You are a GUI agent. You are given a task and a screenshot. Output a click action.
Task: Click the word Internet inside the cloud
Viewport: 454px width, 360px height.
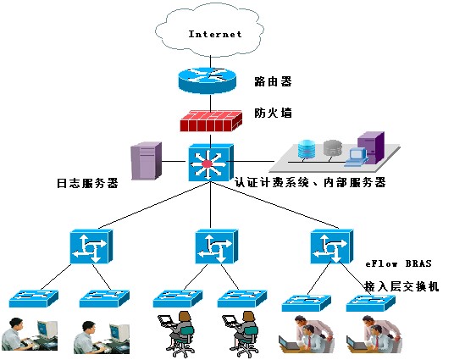(215, 34)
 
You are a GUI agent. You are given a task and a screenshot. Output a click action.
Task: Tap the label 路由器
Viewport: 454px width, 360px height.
(273, 81)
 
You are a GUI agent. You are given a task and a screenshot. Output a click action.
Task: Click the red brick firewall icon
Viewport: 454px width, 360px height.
(211, 121)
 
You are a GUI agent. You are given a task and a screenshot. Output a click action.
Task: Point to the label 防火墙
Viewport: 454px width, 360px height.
(273, 113)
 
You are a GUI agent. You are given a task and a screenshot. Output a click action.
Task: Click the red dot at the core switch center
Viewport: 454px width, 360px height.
(208, 163)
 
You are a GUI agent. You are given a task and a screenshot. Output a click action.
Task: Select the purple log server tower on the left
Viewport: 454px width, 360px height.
(147, 161)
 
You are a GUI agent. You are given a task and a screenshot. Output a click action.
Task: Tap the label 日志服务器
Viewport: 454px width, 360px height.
(87, 183)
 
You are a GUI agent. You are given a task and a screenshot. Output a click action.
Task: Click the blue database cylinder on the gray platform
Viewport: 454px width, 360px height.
(307, 149)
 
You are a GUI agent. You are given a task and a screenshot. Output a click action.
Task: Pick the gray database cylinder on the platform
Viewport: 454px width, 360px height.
(332, 148)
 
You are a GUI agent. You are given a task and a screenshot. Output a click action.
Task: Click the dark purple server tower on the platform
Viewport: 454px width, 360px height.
(371, 147)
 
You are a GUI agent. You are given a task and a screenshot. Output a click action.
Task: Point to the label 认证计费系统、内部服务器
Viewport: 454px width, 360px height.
(310, 182)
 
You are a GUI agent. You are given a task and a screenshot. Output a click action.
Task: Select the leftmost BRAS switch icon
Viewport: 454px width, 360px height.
(91, 246)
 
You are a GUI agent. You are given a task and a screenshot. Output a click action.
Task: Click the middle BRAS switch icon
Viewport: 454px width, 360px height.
(217, 246)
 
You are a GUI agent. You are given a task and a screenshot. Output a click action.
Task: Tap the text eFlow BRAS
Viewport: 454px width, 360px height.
(398, 263)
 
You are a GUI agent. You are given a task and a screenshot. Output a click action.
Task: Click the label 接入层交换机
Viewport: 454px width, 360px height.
(401, 286)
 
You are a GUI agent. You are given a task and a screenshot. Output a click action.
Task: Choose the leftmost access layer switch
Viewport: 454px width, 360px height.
(34, 299)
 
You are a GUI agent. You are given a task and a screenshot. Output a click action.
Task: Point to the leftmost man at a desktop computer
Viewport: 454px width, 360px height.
(30, 335)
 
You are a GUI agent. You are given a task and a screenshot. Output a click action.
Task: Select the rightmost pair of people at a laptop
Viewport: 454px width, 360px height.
(374, 335)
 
